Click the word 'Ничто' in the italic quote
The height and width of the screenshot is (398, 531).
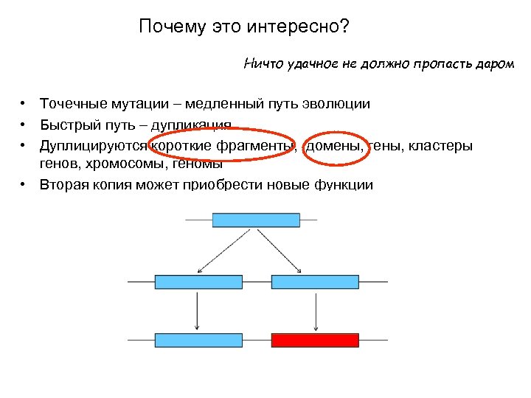[260, 64]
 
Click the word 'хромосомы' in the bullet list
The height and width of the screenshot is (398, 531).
[121, 164]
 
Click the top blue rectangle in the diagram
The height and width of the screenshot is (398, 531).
[256, 220]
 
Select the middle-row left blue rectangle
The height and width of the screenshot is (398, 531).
[198, 282]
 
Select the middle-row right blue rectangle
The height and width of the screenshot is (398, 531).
[315, 282]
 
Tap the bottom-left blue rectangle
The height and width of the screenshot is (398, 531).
[198, 340]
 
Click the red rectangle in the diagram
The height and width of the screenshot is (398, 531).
[315, 340]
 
